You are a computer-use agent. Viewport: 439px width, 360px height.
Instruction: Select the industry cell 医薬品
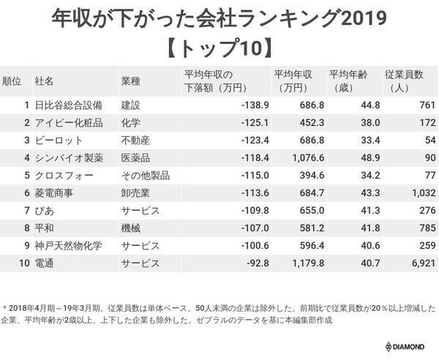point(136,158)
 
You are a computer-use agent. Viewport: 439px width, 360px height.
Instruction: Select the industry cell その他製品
point(146,176)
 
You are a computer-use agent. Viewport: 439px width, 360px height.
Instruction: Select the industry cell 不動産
point(136,140)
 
